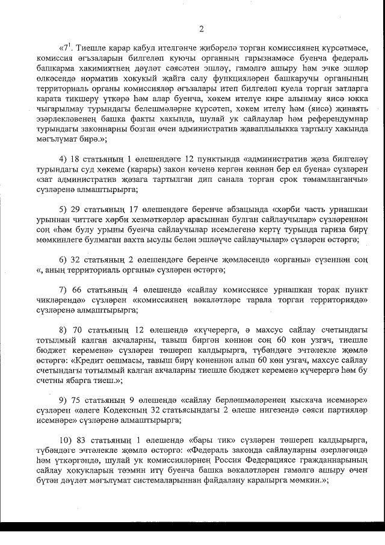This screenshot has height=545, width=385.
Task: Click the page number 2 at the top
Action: pos(202,28)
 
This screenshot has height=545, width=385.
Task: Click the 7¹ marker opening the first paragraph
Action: pos(68,48)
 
